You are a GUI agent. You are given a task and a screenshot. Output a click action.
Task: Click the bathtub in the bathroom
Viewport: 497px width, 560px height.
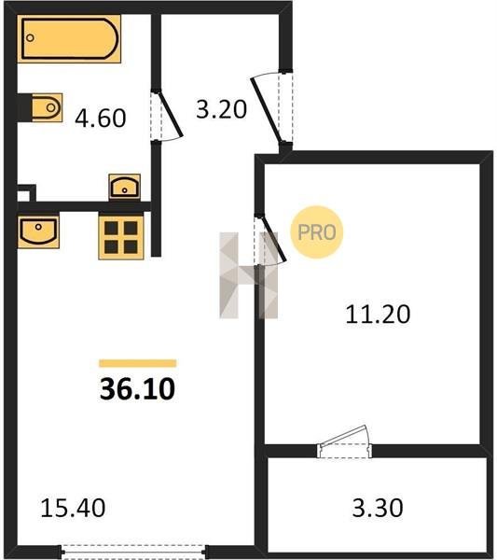(69, 38)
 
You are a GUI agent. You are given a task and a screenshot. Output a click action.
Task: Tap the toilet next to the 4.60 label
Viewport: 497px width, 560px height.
(47, 107)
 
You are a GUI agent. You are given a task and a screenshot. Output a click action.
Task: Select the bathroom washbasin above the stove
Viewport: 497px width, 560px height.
(125, 188)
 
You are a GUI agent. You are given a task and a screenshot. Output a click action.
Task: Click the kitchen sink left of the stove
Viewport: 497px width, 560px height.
(38, 231)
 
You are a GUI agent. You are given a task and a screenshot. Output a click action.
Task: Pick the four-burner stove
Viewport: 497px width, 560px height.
(121, 237)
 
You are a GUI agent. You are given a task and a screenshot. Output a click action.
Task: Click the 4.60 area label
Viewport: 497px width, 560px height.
(101, 118)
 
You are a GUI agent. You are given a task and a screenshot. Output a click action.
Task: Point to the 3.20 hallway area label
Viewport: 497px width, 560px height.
(221, 109)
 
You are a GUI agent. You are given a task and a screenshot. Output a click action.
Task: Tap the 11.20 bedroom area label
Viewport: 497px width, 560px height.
(378, 314)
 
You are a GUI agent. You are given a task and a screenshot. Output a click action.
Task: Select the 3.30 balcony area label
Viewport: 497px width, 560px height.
(378, 508)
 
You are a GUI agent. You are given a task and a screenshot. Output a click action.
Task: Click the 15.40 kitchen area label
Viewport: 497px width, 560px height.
(73, 508)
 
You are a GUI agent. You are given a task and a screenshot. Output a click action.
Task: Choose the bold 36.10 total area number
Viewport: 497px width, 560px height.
(137, 389)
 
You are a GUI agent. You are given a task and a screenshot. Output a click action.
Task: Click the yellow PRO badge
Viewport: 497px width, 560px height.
(317, 232)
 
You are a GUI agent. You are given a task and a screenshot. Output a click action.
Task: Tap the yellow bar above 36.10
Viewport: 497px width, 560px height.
(138, 363)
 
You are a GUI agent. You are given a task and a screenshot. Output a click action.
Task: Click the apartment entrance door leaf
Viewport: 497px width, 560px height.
(266, 110)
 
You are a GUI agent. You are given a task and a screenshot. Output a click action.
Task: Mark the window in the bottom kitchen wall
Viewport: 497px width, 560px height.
(132, 552)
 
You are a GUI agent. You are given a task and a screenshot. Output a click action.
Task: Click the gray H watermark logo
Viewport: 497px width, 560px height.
(249, 275)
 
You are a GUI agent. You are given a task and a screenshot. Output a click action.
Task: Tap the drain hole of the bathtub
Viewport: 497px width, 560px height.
(31, 38)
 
